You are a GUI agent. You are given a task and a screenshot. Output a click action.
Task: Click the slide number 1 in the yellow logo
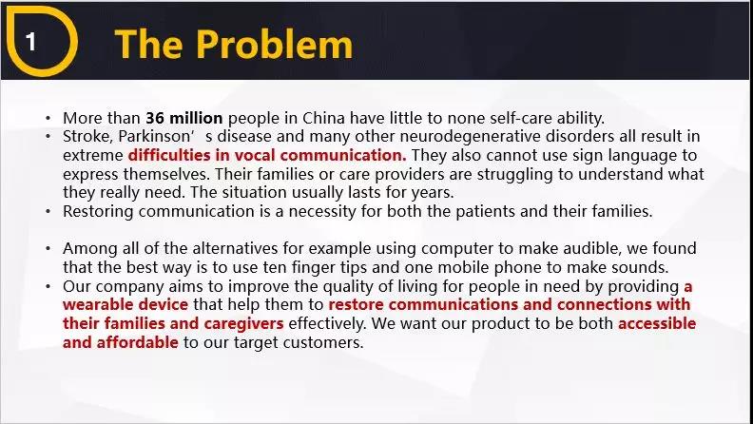[30, 42]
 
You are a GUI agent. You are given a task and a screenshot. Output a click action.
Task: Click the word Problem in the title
[274, 44]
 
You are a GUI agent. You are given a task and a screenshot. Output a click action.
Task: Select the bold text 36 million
[184, 118]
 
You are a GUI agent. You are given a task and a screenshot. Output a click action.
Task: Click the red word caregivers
[244, 324]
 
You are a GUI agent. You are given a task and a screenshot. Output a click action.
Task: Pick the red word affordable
[137, 342]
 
